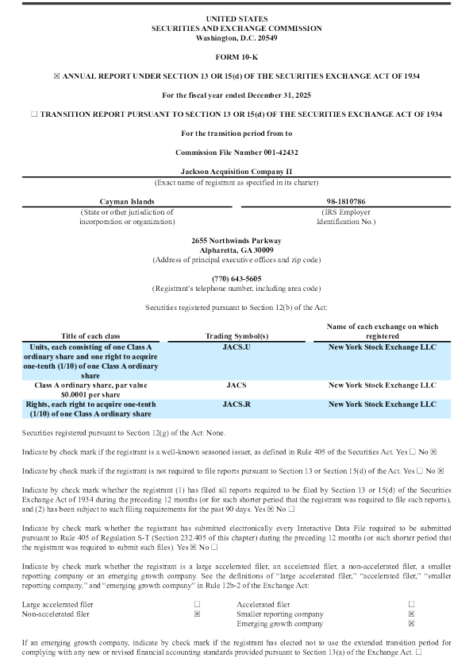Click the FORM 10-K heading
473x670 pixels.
point(236,57)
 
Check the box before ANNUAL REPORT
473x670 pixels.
point(56,76)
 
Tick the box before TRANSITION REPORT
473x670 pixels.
point(33,114)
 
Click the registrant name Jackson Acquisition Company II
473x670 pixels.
point(236,172)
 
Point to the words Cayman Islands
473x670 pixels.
point(125,203)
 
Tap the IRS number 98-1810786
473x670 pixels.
point(347,203)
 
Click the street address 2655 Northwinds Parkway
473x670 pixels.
point(236,240)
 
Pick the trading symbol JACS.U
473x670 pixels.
point(236,347)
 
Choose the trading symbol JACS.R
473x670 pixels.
point(236,404)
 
